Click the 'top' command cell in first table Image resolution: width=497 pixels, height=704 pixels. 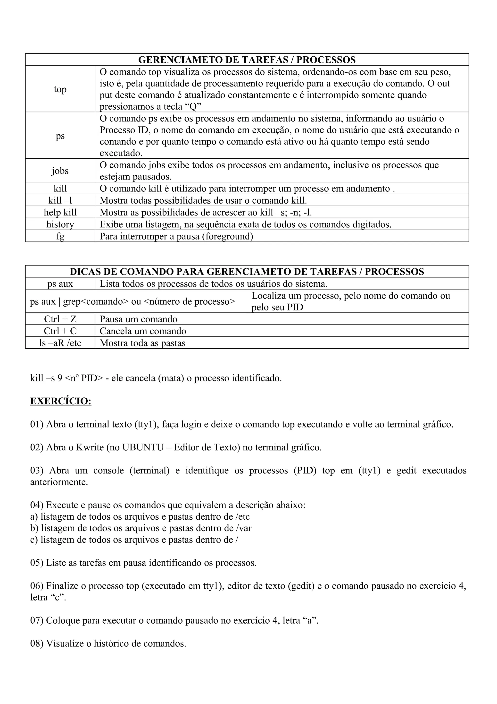tap(60, 89)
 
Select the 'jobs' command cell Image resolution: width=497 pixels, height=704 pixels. tap(60, 171)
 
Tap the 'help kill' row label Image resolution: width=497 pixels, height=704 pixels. tap(60, 212)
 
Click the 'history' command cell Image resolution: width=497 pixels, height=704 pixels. tap(60, 224)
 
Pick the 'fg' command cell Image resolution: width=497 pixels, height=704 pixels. tap(60, 236)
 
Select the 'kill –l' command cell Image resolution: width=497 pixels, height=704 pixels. tap(60, 200)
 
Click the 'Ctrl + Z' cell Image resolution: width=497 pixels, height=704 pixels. tap(60, 319)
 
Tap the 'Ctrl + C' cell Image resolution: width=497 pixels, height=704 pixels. tap(60, 331)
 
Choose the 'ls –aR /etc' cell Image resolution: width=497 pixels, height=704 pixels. tap(60, 343)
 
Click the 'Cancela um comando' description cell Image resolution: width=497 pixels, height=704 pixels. tap(143, 331)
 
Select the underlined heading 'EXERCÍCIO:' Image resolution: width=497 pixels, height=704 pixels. tap(61, 401)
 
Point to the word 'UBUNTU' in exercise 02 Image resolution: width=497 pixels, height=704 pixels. tap(143, 447)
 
